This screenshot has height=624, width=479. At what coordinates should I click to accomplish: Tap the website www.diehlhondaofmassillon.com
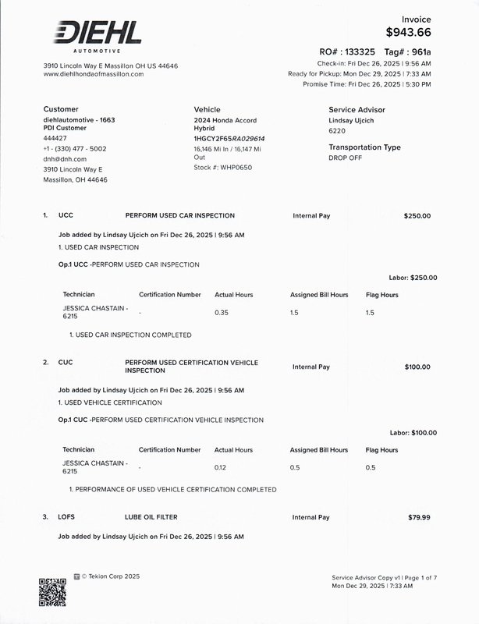94,74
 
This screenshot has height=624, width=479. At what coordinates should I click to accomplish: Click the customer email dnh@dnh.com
65,159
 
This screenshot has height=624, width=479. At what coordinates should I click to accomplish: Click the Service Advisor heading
357,110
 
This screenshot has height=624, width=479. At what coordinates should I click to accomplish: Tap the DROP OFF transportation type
346,158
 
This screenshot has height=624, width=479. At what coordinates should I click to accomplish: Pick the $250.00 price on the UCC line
417,216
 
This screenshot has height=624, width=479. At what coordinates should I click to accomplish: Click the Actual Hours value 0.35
222,312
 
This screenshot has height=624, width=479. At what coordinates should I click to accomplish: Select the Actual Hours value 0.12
221,467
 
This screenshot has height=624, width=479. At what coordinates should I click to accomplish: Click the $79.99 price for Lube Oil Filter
419,517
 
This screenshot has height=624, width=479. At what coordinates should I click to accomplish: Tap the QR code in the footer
52,591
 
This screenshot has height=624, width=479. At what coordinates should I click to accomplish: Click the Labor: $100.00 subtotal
413,433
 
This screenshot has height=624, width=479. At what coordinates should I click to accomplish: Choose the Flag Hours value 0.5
371,467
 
